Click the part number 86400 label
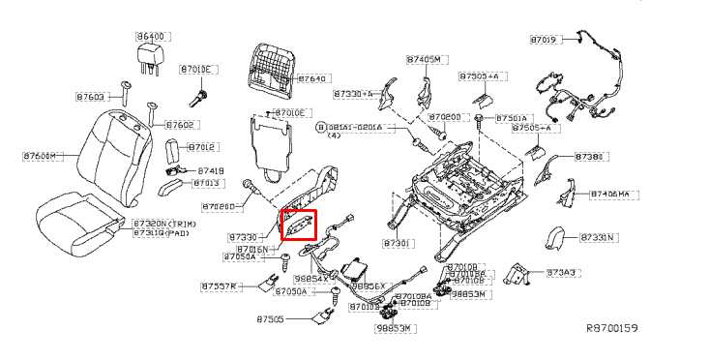pos(152,36)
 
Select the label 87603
pos(90,97)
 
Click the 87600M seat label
pos(40,155)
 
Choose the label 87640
pos(312,78)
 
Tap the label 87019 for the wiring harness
pos(544,40)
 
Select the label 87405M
pos(425,60)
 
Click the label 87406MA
pos(610,195)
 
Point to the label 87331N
pos(599,237)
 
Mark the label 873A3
pos(561,273)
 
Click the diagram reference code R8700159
pos(612,329)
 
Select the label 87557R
pos(219,286)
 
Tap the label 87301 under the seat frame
pos(398,243)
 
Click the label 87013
pos(206,183)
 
